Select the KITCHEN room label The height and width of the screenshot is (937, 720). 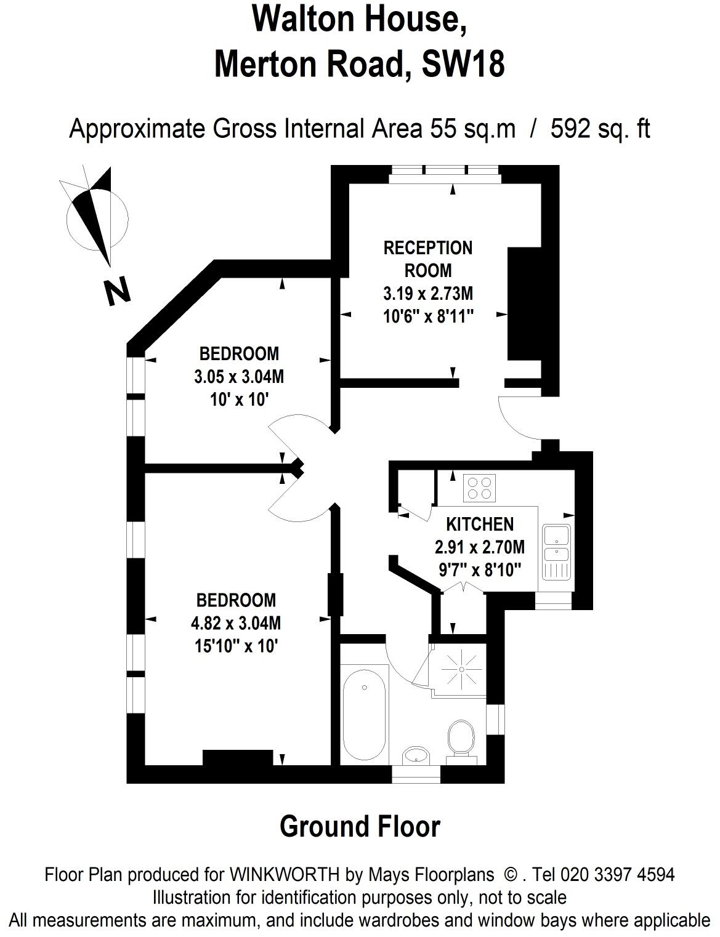pyautogui.click(x=479, y=525)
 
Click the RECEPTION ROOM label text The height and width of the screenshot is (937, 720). pyautogui.click(x=427, y=259)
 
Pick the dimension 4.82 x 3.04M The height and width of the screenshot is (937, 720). pyautogui.click(x=236, y=624)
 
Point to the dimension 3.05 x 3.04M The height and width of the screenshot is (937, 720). pyautogui.click(x=239, y=377)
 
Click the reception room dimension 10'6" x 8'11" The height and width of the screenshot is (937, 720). pyautogui.click(x=427, y=316)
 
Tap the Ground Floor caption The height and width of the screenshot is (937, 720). pyautogui.click(x=360, y=827)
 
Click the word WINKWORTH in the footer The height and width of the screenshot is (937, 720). pyautogui.click(x=284, y=875)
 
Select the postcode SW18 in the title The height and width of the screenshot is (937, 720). pyautogui.click(x=463, y=63)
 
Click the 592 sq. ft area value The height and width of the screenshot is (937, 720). pyautogui.click(x=600, y=129)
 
